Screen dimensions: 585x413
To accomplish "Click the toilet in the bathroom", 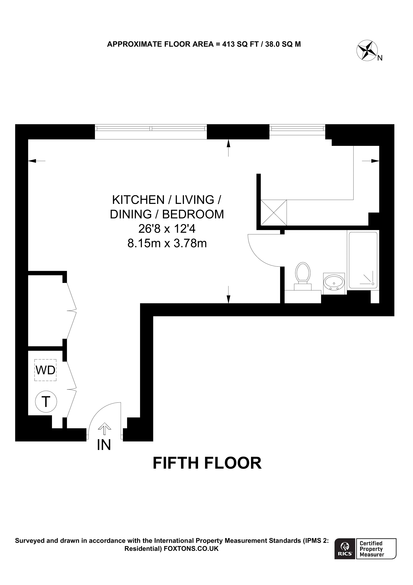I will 303,275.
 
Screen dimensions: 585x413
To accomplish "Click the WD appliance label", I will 46,370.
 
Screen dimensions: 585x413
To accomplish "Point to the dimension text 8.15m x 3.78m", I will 167,243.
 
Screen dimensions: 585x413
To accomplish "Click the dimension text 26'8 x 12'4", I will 167,229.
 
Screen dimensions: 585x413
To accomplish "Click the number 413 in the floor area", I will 228,44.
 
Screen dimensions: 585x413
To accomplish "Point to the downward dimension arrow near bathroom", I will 228,298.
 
